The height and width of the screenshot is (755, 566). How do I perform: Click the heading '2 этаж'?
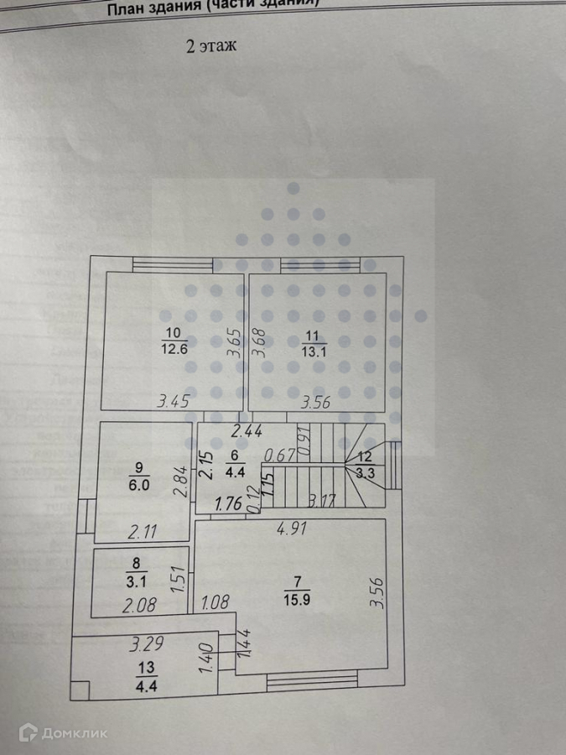tap(210, 47)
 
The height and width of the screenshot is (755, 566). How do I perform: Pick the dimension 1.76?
tap(228, 505)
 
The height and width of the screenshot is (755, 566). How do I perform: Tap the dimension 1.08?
tap(215, 602)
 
